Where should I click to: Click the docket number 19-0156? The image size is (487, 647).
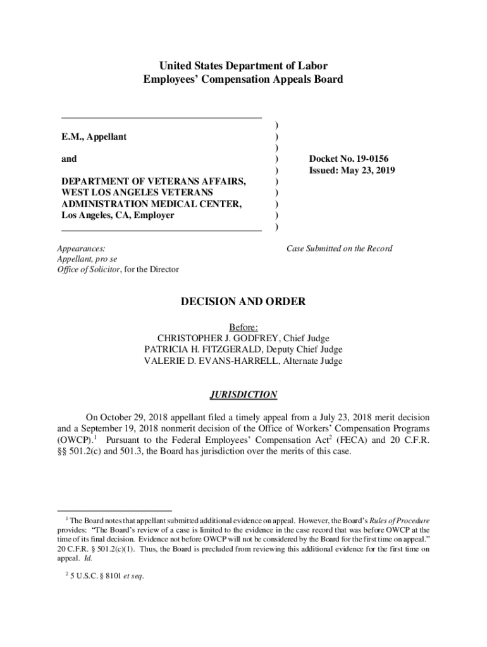click(367, 159)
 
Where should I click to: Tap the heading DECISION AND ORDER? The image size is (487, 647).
click(244, 302)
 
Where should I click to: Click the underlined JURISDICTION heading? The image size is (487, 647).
click(244, 395)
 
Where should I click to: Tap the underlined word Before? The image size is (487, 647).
click(244, 327)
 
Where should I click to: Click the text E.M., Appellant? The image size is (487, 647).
click(94, 136)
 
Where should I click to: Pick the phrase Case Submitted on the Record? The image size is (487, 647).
click(340, 248)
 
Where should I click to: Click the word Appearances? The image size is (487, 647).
click(81, 248)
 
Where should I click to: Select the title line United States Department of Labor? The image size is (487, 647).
click(244, 66)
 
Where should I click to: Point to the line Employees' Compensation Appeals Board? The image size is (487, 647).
click(244, 80)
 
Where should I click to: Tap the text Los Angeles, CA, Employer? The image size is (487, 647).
click(118, 215)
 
